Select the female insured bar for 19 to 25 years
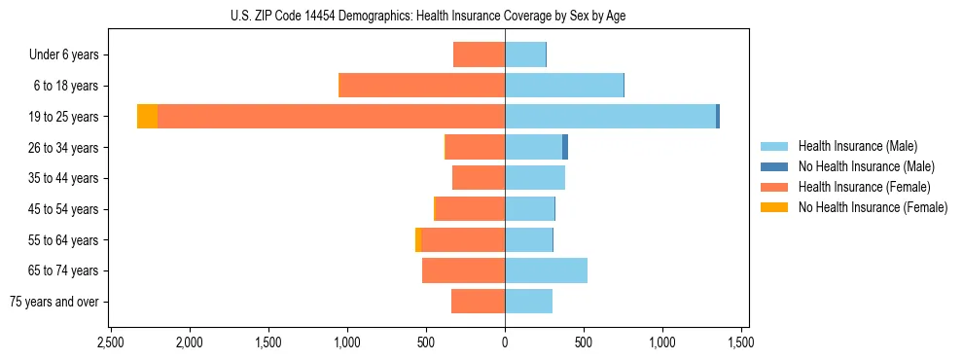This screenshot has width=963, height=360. tap(331, 117)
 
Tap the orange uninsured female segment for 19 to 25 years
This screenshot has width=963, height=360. tap(147, 117)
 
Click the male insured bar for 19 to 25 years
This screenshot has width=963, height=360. tap(610, 117)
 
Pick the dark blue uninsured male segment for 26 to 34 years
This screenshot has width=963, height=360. tap(565, 147)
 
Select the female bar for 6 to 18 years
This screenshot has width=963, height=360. tap(421, 86)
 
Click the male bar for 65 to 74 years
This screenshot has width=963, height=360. tap(546, 270)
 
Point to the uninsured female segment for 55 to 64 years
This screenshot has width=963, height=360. tap(418, 239)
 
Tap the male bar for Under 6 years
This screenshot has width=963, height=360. tap(525, 54)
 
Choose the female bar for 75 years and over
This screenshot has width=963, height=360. tap(478, 302)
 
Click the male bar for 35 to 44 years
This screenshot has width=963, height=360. tap(535, 178)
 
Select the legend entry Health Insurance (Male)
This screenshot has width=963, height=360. tap(857, 146)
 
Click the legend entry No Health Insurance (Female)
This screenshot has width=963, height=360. tap(873, 207)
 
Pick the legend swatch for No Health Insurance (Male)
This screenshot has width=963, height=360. tap(774, 166)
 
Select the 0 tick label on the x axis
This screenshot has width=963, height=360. tap(505, 343)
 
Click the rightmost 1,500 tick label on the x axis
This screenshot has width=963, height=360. tap(741, 343)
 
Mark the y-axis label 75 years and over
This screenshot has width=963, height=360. tap(53, 302)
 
